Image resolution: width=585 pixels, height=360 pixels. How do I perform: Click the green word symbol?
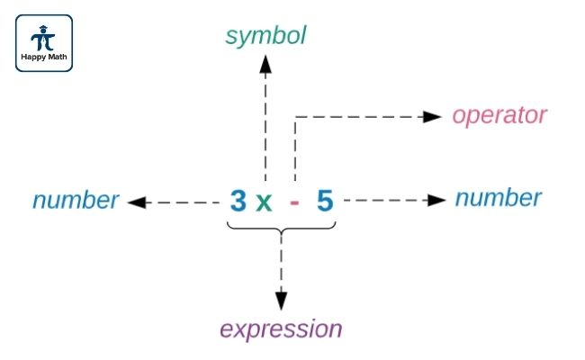[x=265, y=36]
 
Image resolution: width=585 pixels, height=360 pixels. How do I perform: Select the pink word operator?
[x=499, y=115]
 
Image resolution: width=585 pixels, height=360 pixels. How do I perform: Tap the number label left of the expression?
[x=76, y=200]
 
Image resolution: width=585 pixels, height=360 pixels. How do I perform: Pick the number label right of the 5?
[x=498, y=198]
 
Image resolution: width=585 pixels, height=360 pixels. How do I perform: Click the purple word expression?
[x=282, y=329]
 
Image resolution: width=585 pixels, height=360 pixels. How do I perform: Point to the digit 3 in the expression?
[x=238, y=201]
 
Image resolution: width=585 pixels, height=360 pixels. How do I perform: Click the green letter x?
[x=263, y=202]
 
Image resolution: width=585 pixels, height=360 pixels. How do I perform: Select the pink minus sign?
[x=294, y=202]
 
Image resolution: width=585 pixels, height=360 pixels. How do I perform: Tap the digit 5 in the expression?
[x=325, y=201]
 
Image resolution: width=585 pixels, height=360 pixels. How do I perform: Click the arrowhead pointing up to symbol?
[x=265, y=62]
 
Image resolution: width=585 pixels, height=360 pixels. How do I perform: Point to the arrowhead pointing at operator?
[x=433, y=116]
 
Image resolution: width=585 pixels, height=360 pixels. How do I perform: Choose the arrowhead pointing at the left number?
[x=138, y=202]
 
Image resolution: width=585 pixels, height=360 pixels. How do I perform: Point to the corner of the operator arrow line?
[x=295, y=116]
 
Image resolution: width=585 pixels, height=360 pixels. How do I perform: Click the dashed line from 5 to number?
[x=387, y=200]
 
